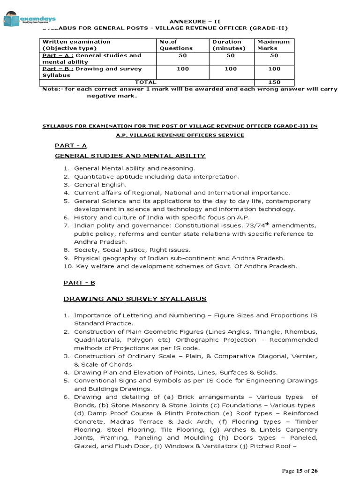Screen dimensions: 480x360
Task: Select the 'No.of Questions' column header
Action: pyautogui.click(x=176, y=45)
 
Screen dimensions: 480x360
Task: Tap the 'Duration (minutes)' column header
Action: pyautogui.click(x=228, y=45)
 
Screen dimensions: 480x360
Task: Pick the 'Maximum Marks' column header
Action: pyautogui.click(x=273, y=45)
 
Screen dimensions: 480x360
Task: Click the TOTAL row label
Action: pyautogui.click(x=146, y=82)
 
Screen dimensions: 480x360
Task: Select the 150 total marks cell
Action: pyautogui.click(x=274, y=82)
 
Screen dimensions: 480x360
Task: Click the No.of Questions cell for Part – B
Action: pyautogui.click(x=182, y=69)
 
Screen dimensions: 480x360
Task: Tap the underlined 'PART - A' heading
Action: pyautogui.click(x=71, y=146)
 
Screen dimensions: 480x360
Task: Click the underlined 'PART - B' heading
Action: pyautogui.click(x=75, y=282)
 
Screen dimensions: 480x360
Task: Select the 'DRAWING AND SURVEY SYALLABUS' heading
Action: pyautogui.click(x=135, y=299)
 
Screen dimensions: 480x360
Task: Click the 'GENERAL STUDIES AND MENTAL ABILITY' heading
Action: pyautogui.click(x=130, y=156)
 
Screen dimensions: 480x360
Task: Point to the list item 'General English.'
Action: pyautogui.click(x=100, y=185)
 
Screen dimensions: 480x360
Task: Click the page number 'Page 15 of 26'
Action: pyautogui.click(x=300, y=471)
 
